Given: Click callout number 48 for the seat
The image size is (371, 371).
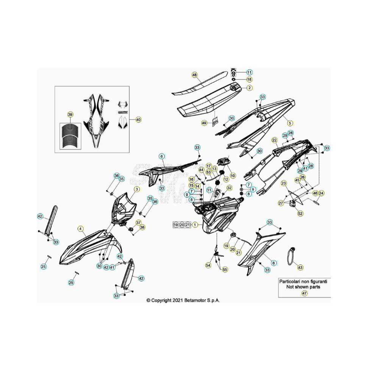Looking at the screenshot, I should pos(195,75).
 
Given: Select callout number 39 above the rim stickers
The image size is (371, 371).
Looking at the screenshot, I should pos(70,114).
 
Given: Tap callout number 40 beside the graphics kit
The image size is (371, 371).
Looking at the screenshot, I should pos(139,120).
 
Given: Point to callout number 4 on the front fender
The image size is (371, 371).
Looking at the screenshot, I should pos(80,228).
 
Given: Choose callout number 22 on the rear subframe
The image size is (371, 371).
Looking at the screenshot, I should pos(274,140).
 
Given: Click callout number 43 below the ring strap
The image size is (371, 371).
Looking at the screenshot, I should pos(300,267).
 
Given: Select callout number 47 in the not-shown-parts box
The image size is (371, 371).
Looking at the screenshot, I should pos(305,293).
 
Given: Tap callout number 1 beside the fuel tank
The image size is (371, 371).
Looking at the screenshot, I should pos(195,225).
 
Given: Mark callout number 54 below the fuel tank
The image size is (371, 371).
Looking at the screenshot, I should pos(208,265).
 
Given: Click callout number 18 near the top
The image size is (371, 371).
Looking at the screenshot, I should pos(249,80).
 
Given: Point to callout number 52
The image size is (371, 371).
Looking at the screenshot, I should pos(300,214).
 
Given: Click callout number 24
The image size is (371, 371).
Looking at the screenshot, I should pos(321,193).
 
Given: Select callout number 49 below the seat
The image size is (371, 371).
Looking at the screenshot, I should pos(204,123).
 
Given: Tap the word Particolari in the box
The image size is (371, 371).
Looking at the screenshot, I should pos(290,282).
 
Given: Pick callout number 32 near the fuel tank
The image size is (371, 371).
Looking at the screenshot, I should pos(229,188).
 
